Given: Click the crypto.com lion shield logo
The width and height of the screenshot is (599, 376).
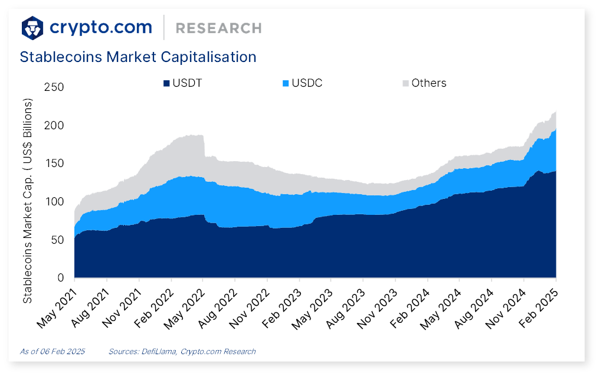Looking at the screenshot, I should coord(32,27).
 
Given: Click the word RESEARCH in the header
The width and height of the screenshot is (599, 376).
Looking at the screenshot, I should coord(218,28).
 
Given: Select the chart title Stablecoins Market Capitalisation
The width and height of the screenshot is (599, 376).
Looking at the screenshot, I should coord(138,57).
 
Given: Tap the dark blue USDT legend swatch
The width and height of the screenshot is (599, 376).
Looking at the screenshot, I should coord(167,83).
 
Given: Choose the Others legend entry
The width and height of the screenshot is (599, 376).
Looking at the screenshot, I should coord(428,83).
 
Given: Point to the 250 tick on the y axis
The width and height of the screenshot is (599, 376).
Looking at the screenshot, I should coord(54,87).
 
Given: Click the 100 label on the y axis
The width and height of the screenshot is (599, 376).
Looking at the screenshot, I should coord(54,202).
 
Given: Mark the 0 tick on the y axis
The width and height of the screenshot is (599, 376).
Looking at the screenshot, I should coord(60,278).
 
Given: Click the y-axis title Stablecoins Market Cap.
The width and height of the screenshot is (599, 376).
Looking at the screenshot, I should coord(27,201).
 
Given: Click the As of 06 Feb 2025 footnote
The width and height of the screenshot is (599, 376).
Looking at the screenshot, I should coord(53,351).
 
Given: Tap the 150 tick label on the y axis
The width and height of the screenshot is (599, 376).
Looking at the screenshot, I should coord(54,164).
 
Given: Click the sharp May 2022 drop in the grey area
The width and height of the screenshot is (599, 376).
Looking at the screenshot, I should coord(204,146).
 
